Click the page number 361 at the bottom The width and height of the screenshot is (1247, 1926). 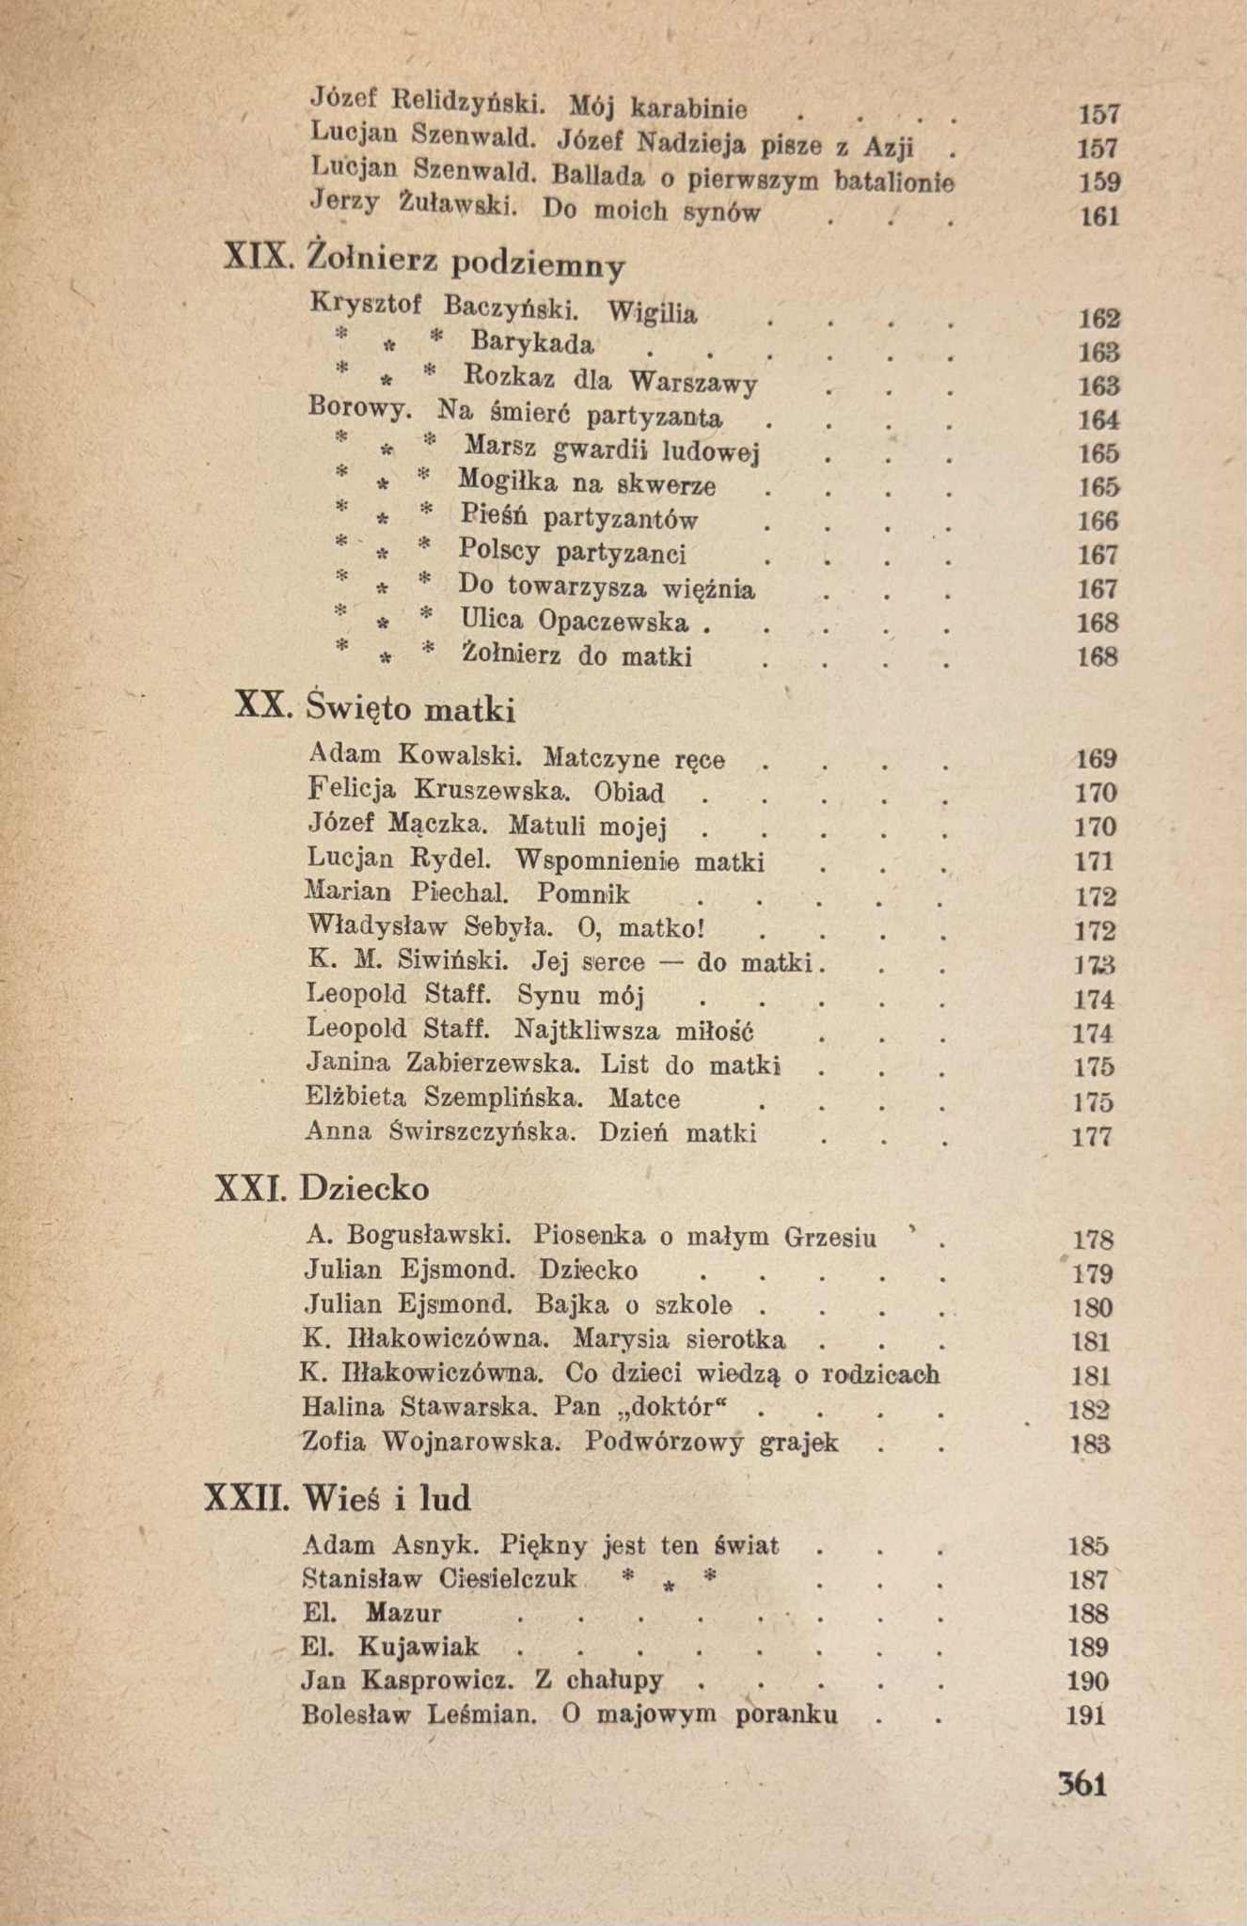pyautogui.click(x=1081, y=1784)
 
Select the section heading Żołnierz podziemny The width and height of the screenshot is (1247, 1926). pyautogui.click(x=466, y=262)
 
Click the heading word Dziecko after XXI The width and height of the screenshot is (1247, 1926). pyautogui.click(x=364, y=1189)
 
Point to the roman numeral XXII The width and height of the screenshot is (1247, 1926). pyautogui.click(x=246, y=1497)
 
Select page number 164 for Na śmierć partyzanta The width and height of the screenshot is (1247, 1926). pyautogui.click(x=1098, y=419)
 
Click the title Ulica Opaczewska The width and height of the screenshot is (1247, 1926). pyautogui.click(x=574, y=622)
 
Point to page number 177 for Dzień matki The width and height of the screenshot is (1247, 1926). pyautogui.click(x=1093, y=1136)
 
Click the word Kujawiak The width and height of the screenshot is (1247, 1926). pyautogui.click(x=418, y=1647)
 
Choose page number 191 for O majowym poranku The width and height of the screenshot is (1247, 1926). pyautogui.click(x=1086, y=1715)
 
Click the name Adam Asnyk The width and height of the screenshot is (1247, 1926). pyautogui.click(x=391, y=1545)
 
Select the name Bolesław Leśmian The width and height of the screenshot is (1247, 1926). pyautogui.click(x=419, y=1714)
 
